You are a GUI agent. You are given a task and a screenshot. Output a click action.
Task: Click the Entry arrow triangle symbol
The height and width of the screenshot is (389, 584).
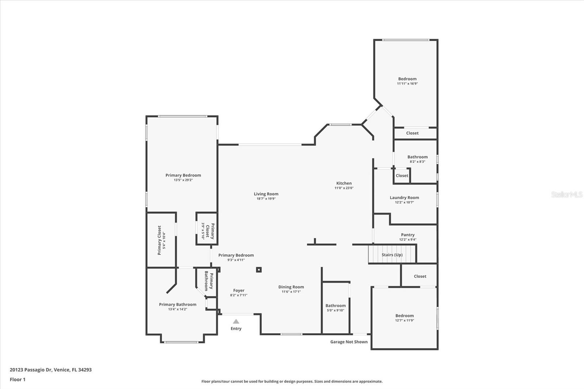[x=236, y=321]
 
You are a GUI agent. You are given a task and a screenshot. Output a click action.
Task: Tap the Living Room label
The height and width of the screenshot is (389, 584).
[x=266, y=194]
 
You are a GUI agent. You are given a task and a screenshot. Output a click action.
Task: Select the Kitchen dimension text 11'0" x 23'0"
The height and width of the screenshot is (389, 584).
[x=344, y=188]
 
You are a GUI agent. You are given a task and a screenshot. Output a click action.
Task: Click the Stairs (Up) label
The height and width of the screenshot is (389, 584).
[x=392, y=255]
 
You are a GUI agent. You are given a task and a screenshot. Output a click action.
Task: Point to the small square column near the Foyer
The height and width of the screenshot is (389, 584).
[x=259, y=270]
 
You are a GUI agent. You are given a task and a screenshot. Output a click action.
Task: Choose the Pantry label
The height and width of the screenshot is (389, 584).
[x=408, y=235]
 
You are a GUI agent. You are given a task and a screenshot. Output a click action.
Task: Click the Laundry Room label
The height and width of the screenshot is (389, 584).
[x=404, y=198]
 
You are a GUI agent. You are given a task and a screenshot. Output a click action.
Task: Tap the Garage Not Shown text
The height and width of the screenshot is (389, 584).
[x=349, y=342]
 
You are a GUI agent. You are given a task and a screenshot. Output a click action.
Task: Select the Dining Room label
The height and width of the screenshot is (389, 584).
[x=291, y=287]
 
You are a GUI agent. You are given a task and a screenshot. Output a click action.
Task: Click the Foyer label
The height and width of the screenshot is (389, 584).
[x=239, y=290]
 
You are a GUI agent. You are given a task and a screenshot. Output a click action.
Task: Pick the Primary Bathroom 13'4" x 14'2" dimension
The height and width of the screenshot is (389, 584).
[x=177, y=309]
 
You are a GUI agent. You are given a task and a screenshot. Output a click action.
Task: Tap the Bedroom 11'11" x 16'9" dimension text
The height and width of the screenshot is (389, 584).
[x=407, y=84]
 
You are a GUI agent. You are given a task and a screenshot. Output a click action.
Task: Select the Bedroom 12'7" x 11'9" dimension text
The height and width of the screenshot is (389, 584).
[x=404, y=320]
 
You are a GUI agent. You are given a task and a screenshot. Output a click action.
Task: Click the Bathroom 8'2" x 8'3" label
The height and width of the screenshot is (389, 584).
[x=418, y=157]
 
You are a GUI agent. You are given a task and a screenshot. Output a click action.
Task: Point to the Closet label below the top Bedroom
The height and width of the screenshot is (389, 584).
[x=412, y=133]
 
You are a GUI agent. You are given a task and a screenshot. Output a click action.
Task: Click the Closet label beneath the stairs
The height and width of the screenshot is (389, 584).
[x=420, y=276]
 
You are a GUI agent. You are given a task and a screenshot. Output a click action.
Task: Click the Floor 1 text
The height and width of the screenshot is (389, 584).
[x=18, y=380]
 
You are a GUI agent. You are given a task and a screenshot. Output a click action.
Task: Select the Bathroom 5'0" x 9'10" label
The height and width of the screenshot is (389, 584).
[x=335, y=306]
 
